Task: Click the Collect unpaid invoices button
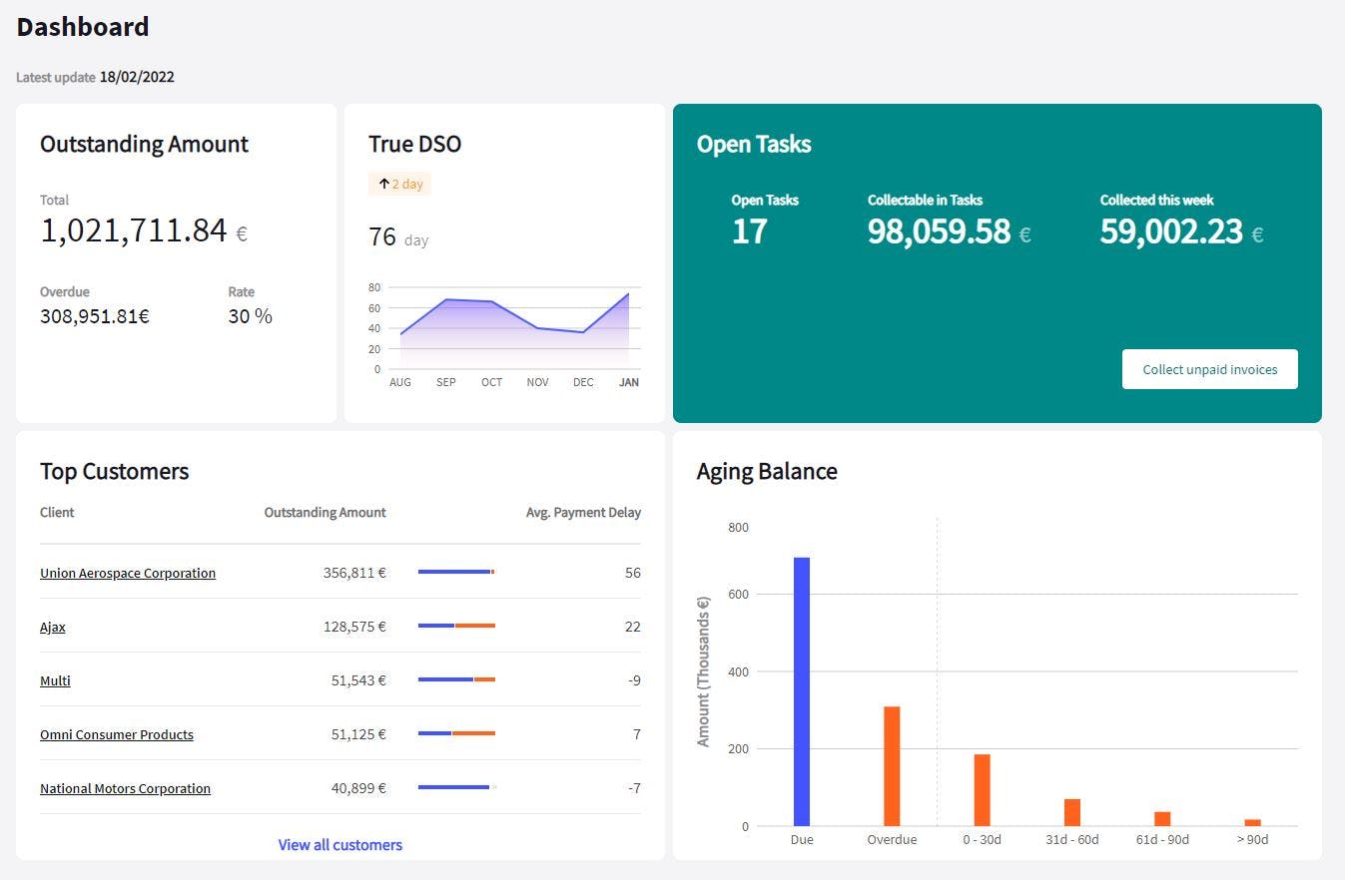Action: pyautogui.click(x=1209, y=369)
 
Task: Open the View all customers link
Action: pyautogui.click(x=339, y=845)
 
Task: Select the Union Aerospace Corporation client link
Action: pyautogui.click(x=127, y=573)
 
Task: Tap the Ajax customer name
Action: pyautogui.click(x=52, y=627)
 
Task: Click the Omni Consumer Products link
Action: pyautogui.click(x=117, y=734)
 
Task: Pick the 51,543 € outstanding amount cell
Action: pyautogui.click(x=358, y=680)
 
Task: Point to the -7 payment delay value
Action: pyautogui.click(x=634, y=787)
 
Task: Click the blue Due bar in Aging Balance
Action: pyautogui.click(x=802, y=691)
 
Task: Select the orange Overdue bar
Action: pyautogui.click(x=892, y=766)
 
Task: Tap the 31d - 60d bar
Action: pyautogui.click(x=1071, y=812)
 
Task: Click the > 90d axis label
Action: pyautogui.click(x=1252, y=839)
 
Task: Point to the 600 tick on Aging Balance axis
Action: pyautogui.click(x=738, y=594)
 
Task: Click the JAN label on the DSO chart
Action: pyautogui.click(x=629, y=382)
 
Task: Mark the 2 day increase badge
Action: pyautogui.click(x=399, y=184)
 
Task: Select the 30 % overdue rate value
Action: pyautogui.click(x=250, y=316)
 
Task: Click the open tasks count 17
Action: pyautogui.click(x=749, y=231)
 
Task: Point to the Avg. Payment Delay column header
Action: pyautogui.click(x=583, y=512)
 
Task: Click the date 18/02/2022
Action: pyautogui.click(x=137, y=77)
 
